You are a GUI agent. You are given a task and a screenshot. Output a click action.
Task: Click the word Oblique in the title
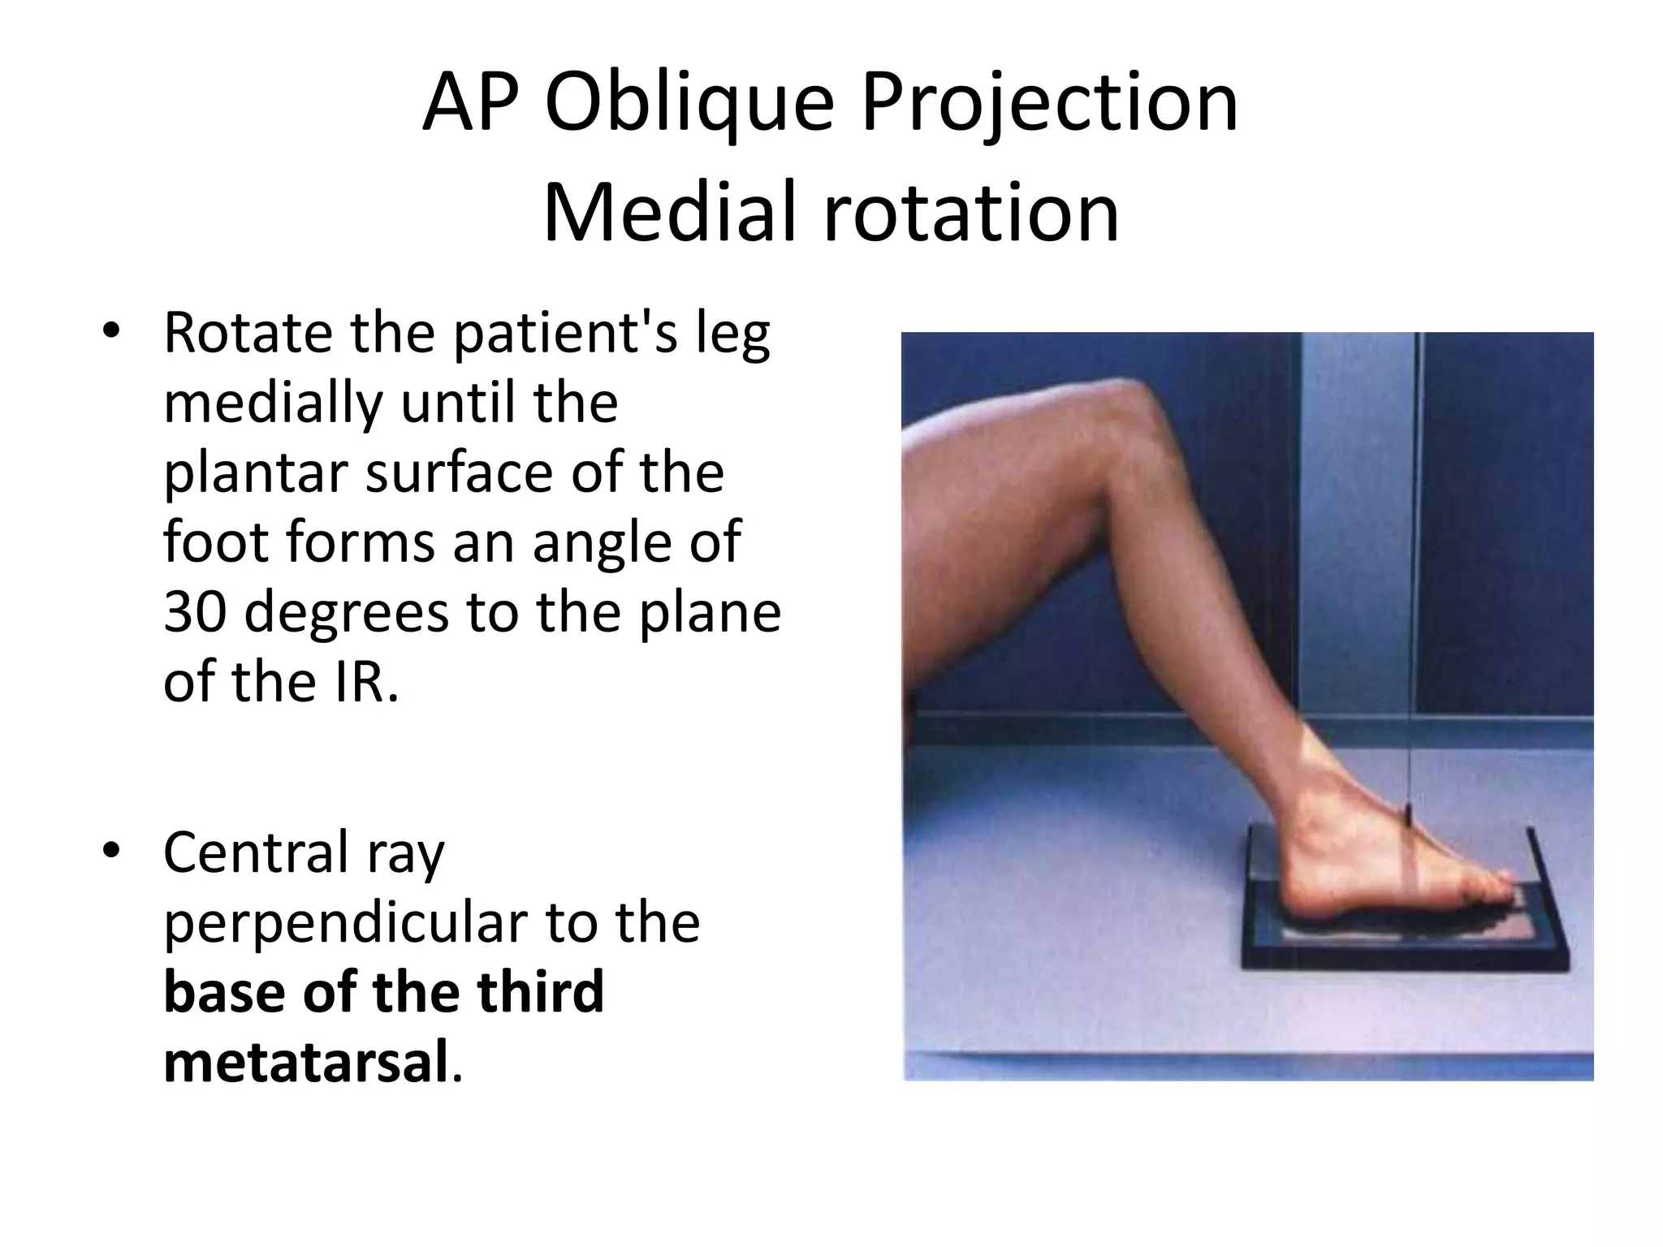pos(689,104)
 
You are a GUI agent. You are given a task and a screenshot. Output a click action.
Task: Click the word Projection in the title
pos(1049,104)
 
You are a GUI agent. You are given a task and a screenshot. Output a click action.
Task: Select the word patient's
pos(565,334)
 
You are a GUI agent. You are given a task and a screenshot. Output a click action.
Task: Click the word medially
pos(273,403)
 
